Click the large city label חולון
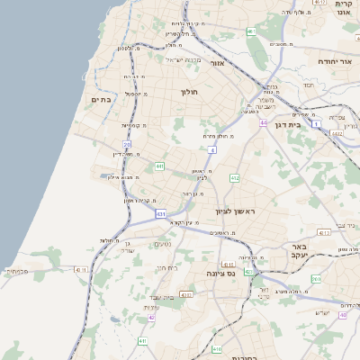[x=189, y=92]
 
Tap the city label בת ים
[x=102, y=100]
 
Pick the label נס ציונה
[x=220, y=273]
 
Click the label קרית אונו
[x=342, y=8]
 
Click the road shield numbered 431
[x=160, y=214]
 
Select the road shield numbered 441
[x=159, y=166]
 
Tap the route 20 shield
[x=127, y=144]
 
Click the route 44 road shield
[x=263, y=121]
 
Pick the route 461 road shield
[x=251, y=32]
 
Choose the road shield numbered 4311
[x=82, y=268]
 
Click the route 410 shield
[x=216, y=348]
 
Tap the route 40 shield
[x=343, y=315]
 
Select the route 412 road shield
[x=235, y=178]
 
